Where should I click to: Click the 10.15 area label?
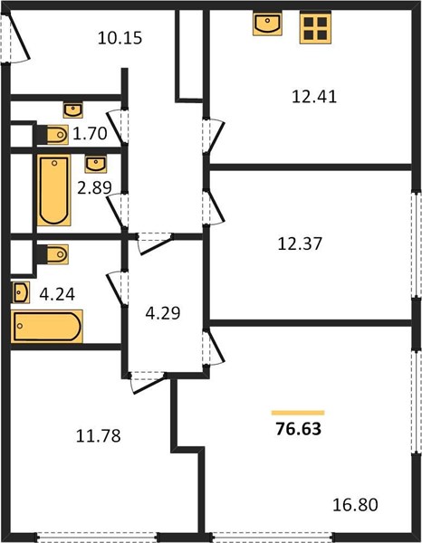120,38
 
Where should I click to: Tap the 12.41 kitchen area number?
314,96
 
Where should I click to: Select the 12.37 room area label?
300,243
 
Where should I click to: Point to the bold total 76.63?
299,429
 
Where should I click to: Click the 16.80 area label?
355,505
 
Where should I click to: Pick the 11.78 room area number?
99,436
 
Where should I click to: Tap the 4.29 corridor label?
163,313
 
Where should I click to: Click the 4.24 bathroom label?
57,295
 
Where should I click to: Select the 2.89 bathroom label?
94,187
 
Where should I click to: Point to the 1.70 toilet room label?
90,134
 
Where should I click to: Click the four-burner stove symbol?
315,27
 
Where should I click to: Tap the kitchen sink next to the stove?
267,24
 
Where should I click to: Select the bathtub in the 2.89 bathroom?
53,190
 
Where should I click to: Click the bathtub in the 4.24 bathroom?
47,326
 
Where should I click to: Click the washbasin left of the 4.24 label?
20,292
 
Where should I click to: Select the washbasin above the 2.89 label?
96,164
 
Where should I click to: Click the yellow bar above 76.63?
298,413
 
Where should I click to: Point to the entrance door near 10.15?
15,37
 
